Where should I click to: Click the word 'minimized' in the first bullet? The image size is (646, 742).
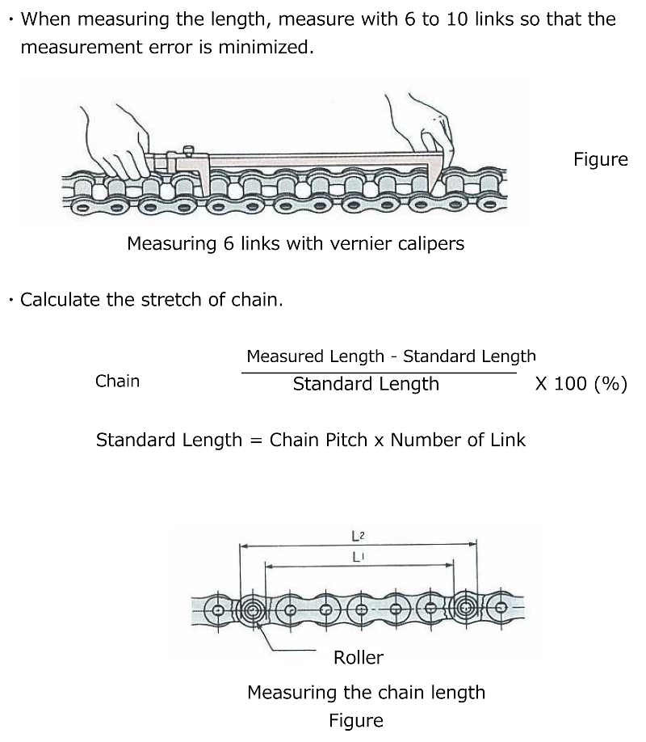pos(269,47)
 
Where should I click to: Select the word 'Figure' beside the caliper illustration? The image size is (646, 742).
pos(600,159)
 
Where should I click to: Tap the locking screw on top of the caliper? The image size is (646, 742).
pos(188,150)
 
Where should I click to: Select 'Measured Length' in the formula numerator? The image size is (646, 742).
pos(315,356)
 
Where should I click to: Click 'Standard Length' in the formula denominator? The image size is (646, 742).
pos(366,384)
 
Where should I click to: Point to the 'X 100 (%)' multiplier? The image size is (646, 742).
pos(581,384)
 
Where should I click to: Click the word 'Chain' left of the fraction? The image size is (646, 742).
pos(117,382)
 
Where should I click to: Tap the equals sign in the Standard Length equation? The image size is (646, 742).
pos(255,441)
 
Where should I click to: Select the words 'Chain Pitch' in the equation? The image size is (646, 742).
pos(318,441)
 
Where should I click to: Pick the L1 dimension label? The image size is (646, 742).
pos(359,557)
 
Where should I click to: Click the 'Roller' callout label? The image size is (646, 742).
pos(358,658)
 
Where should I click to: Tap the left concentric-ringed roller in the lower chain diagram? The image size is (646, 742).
pos(253,609)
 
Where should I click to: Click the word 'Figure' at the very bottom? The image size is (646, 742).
pos(355,720)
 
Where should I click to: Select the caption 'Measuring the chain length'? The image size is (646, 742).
pos(366,693)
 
